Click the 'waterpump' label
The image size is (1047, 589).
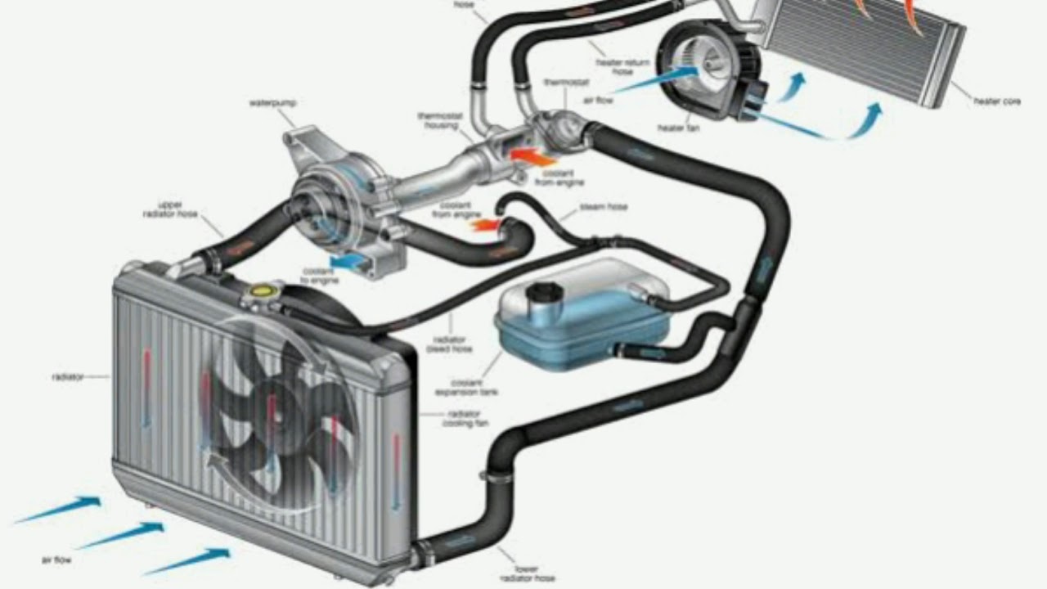(272, 103)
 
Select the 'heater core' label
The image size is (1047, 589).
(996, 101)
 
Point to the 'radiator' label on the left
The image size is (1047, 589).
(67, 377)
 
